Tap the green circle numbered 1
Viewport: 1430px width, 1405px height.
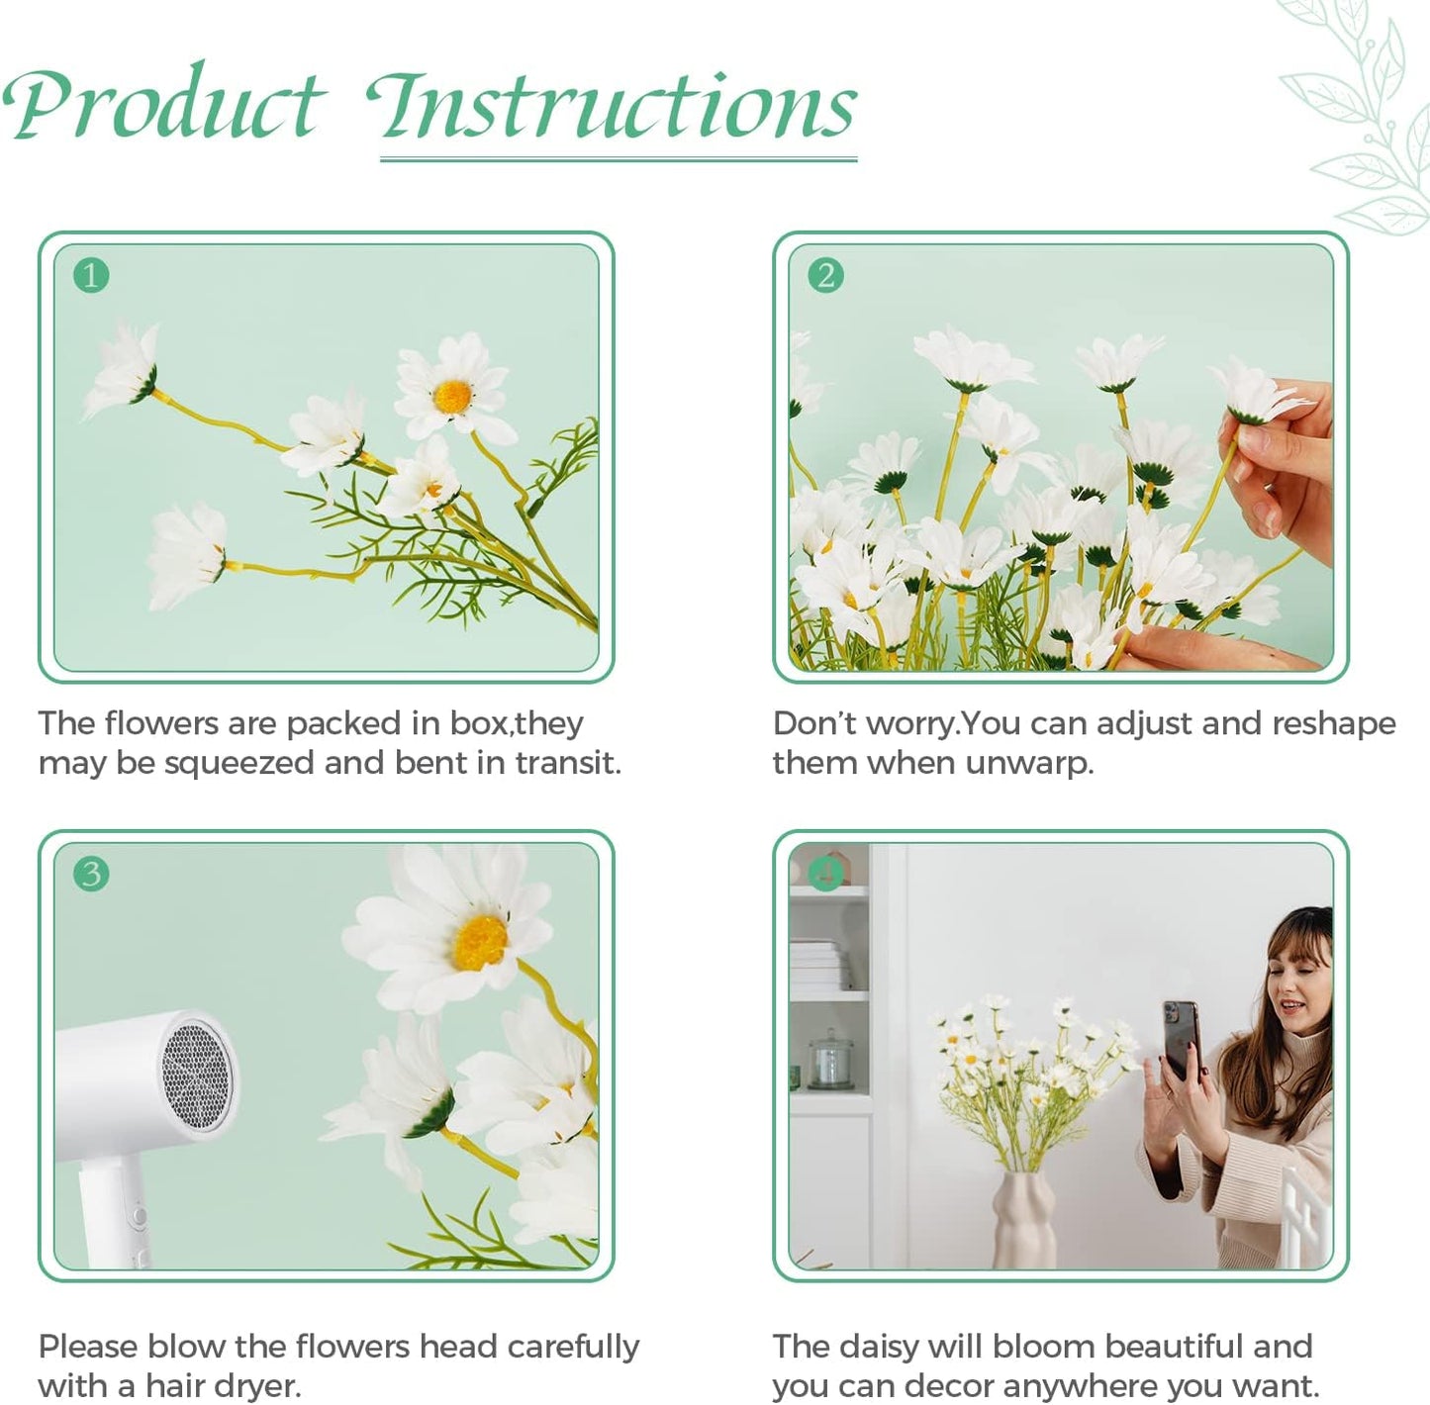[x=91, y=275]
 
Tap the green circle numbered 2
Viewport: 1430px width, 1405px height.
[x=825, y=275]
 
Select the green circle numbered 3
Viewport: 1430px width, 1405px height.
[x=91, y=874]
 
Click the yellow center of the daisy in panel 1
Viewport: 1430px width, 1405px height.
[x=452, y=396]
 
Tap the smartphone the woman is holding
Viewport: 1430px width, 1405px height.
[x=1182, y=1039]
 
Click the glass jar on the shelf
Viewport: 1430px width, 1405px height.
[x=828, y=1059]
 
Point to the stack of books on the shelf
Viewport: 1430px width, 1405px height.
[x=818, y=965]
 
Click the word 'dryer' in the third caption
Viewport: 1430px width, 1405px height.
[x=252, y=1386]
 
